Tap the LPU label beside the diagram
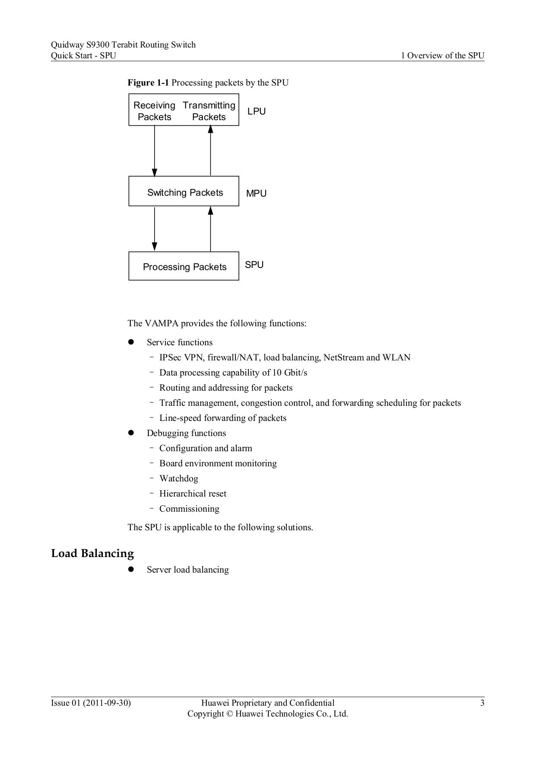click(257, 111)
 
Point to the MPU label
click(256, 194)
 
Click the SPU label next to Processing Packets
click(254, 265)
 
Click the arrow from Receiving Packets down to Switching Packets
click(155, 151)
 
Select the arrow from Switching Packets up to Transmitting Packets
click(210, 150)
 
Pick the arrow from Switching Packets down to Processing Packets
click(155, 229)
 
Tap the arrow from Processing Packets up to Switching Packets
click(210, 229)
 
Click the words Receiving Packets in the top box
click(155, 111)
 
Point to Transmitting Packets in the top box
click(209, 111)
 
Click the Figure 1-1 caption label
click(148, 83)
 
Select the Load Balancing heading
click(92, 554)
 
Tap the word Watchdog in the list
click(179, 478)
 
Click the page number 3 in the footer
click(482, 703)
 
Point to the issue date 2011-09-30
click(107, 703)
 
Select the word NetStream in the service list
click(344, 357)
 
